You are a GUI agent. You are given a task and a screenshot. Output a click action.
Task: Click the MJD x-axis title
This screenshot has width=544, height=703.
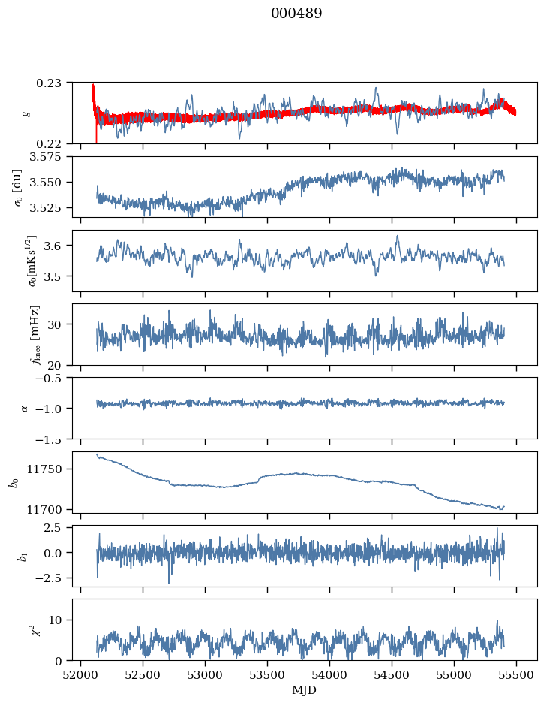[x=305, y=689]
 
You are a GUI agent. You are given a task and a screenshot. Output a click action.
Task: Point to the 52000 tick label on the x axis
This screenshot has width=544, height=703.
[x=82, y=674]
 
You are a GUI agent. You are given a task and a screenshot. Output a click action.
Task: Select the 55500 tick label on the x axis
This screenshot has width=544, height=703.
[x=516, y=674]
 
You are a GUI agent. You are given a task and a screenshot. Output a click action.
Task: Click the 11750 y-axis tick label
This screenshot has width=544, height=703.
[x=51, y=469]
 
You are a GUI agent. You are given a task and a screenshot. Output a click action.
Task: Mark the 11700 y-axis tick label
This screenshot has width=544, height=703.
[x=51, y=509]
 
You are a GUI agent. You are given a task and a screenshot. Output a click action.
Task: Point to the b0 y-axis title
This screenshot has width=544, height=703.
[x=14, y=481]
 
